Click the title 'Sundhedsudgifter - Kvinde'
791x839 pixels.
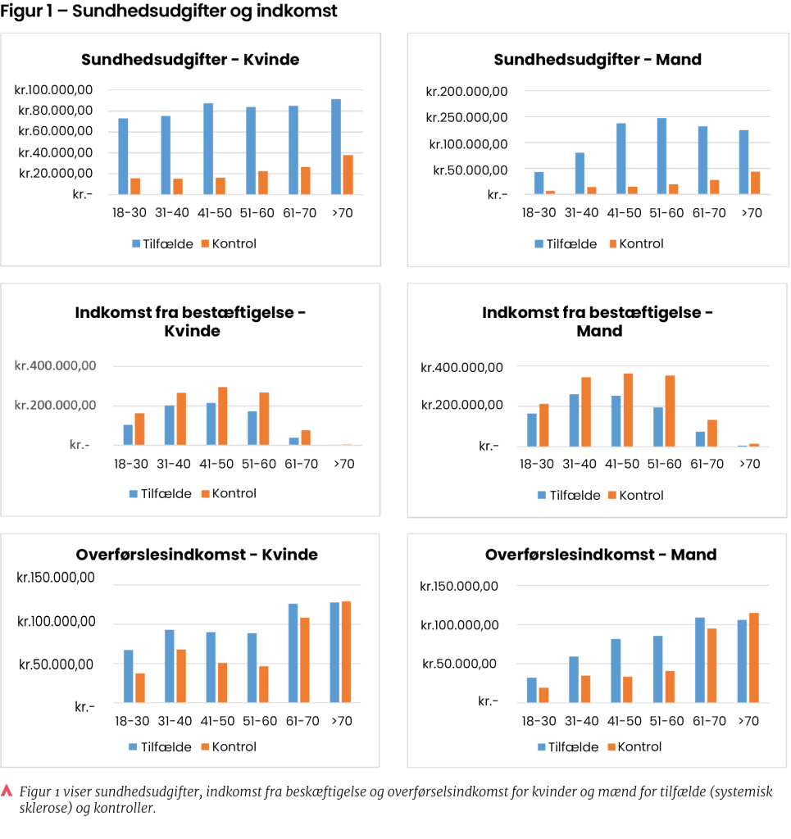(190, 60)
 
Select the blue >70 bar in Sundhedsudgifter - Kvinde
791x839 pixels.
(336, 147)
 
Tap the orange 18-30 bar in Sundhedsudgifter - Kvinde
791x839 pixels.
(135, 186)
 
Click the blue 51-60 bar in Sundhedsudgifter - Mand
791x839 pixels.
(661, 156)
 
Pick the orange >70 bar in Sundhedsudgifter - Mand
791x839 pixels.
(755, 183)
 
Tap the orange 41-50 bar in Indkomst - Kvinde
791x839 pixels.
(222, 416)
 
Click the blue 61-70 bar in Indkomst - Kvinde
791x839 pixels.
(293, 441)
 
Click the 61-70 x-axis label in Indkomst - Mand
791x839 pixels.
(708, 464)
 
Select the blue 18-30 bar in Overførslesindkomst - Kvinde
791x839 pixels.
(128, 676)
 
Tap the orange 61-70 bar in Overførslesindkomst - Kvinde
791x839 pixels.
(305, 660)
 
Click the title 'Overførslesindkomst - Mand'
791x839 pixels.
(600, 555)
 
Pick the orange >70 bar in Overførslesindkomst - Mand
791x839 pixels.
(755, 657)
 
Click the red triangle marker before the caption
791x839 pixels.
(7, 791)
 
